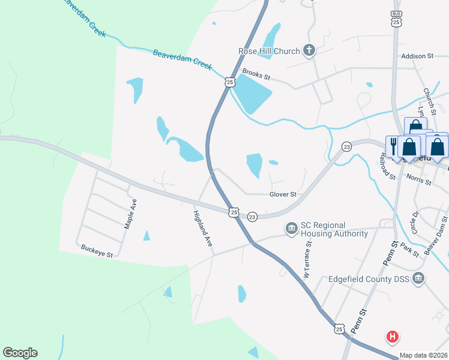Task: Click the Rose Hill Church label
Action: pos(268,51)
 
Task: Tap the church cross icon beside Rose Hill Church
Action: pos(309,50)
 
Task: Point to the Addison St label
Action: pos(417,56)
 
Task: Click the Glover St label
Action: pos(283,194)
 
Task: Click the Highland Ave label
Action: pos(203,230)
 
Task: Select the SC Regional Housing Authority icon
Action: pos(291,229)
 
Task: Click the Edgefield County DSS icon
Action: pos(419,278)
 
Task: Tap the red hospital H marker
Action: pos(393,337)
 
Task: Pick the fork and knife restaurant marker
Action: pos(394,144)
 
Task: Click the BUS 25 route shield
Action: pos(396,19)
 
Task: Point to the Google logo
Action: pos(20,353)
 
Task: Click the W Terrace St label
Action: pos(308,260)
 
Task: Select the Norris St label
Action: pos(419,181)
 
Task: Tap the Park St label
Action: pos(409,250)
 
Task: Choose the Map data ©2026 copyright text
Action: pos(423,355)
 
